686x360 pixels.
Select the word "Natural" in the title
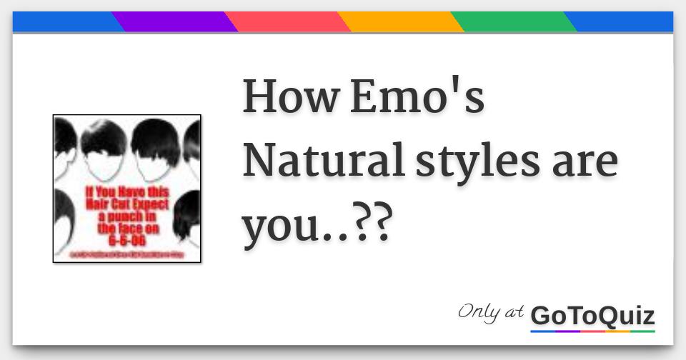[x=323, y=162]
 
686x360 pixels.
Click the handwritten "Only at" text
[x=490, y=312]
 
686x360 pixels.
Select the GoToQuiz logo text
[x=592, y=315]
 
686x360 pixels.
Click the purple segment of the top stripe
[x=175, y=22]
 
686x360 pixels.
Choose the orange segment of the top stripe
[x=401, y=22]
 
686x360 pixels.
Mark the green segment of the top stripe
[x=514, y=22]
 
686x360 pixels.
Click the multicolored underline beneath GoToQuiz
[x=592, y=331]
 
